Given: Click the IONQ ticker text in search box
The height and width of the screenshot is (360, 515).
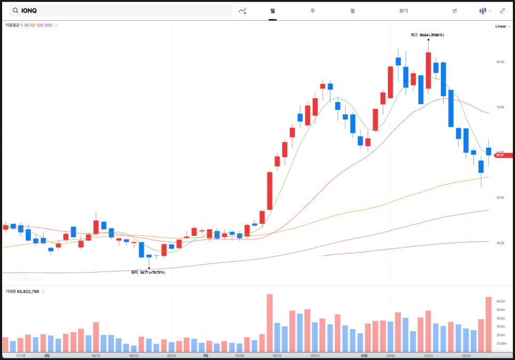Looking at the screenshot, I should [30, 11].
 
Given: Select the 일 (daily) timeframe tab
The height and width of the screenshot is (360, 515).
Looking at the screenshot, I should [272, 11].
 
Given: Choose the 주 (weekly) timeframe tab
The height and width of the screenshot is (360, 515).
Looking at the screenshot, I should [312, 11].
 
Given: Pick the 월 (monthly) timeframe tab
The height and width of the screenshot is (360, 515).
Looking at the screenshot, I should [352, 11].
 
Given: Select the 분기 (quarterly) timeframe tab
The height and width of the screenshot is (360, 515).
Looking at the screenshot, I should [403, 11].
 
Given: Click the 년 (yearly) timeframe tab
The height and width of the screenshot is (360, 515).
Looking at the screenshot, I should [454, 11].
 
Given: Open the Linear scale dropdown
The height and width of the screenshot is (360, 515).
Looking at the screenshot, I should [501, 26].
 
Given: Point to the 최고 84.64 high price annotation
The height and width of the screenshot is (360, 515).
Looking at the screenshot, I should [428, 35].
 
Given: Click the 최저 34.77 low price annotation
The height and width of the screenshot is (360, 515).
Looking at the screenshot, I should [148, 272].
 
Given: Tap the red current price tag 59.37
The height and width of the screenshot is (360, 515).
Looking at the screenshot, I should [499, 155].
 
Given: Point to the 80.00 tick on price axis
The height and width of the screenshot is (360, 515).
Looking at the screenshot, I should [500, 62].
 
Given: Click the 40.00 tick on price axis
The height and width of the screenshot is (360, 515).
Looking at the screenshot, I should [500, 243].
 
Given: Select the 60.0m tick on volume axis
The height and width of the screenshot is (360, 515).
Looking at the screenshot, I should [501, 301].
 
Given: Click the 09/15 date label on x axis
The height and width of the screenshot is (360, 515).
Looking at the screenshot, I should [277, 355].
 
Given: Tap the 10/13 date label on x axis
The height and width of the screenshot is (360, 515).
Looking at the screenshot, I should [428, 355].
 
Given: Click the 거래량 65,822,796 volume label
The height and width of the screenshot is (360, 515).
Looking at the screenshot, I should [22, 292].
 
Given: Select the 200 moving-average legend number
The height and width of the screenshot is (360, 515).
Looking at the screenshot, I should [49, 25].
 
